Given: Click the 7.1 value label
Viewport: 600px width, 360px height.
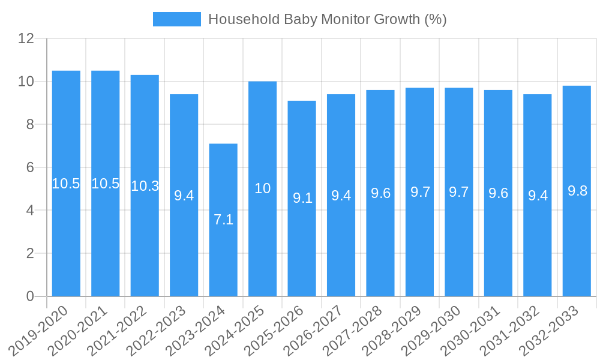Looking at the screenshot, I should pyautogui.click(x=223, y=220).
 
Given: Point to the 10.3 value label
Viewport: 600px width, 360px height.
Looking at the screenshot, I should pyautogui.click(x=145, y=186).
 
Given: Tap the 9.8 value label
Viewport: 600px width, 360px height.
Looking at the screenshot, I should pyautogui.click(x=577, y=191).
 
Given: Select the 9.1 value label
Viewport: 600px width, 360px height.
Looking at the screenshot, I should pyautogui.click(x=302, y=198).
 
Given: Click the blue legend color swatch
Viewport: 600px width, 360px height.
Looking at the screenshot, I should pyautogui.click(x=176, y=19).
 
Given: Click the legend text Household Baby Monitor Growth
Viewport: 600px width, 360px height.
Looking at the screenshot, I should pyautogui.click(x=327, y=19).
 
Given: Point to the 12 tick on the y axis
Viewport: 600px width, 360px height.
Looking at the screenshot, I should pyautogui.click(x=26, y=38).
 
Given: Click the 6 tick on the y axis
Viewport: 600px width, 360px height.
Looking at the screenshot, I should pyautogui.click(x=30, y=167).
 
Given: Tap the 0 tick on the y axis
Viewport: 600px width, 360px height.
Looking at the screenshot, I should pyautogui.click(x=30, y=296).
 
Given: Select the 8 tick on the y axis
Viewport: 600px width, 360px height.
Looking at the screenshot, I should pyautogui.click(x=30, y=124).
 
